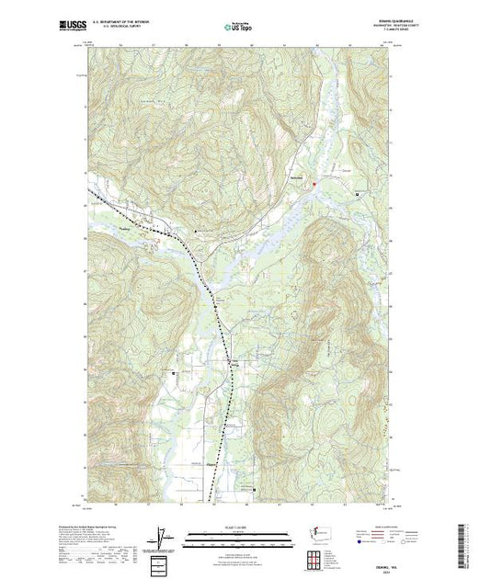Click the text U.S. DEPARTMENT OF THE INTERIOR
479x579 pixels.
(x=126, y=22)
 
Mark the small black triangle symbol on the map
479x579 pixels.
(x=194, y=231)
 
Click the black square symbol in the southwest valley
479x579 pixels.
(x=175, y=375)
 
